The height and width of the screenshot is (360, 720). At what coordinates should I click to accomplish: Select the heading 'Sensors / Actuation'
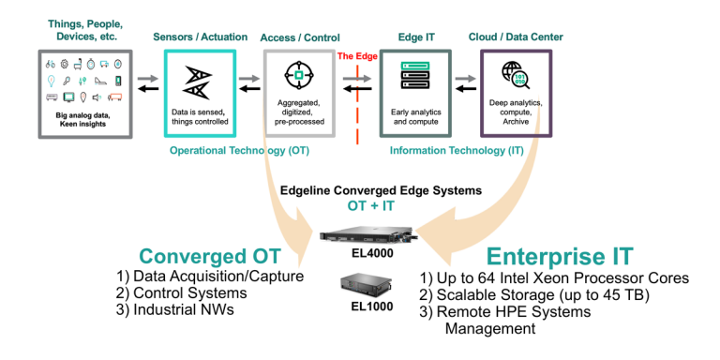point(199,37)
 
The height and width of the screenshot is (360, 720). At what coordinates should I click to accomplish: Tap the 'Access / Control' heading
point(299,37)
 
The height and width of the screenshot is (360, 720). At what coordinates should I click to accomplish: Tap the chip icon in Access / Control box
point(299,75)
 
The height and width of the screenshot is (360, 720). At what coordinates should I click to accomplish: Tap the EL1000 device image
point(359,284)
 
